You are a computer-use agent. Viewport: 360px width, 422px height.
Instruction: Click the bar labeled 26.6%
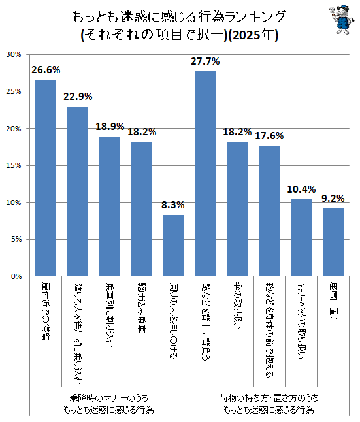[45, 178]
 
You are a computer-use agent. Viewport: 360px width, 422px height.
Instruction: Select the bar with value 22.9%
[77, 191]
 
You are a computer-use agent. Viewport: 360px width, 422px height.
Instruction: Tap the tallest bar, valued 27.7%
[205, 174]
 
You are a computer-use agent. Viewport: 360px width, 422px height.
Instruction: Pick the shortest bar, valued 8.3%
[173, 246]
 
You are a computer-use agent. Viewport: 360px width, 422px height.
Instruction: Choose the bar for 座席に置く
[333, 242]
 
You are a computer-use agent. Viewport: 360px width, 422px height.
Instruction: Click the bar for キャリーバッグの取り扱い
[301, 238]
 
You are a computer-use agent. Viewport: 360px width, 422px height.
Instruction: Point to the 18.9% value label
[110, 127]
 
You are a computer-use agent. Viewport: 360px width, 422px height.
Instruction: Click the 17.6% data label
[269, 136]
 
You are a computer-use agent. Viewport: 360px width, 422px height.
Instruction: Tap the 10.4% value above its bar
[301, 189]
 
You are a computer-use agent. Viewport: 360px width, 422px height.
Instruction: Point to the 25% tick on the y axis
[14, 91]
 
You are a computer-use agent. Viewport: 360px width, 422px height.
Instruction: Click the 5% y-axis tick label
[16, 239]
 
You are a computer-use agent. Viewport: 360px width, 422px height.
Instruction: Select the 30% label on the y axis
[14, 54]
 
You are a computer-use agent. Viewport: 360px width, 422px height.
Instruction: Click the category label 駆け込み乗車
[141, 307]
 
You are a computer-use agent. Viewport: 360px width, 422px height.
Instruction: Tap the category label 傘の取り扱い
[237, 306]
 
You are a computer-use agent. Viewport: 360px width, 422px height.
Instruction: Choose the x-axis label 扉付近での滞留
[46, 312]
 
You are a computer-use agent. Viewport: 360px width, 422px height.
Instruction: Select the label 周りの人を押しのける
[173, 321]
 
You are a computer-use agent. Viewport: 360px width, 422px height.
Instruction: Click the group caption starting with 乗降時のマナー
[108, 404]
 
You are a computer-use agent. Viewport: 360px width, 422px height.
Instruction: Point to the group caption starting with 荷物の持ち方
[269, 404]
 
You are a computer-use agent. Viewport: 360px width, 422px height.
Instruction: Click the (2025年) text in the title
[254, 35]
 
